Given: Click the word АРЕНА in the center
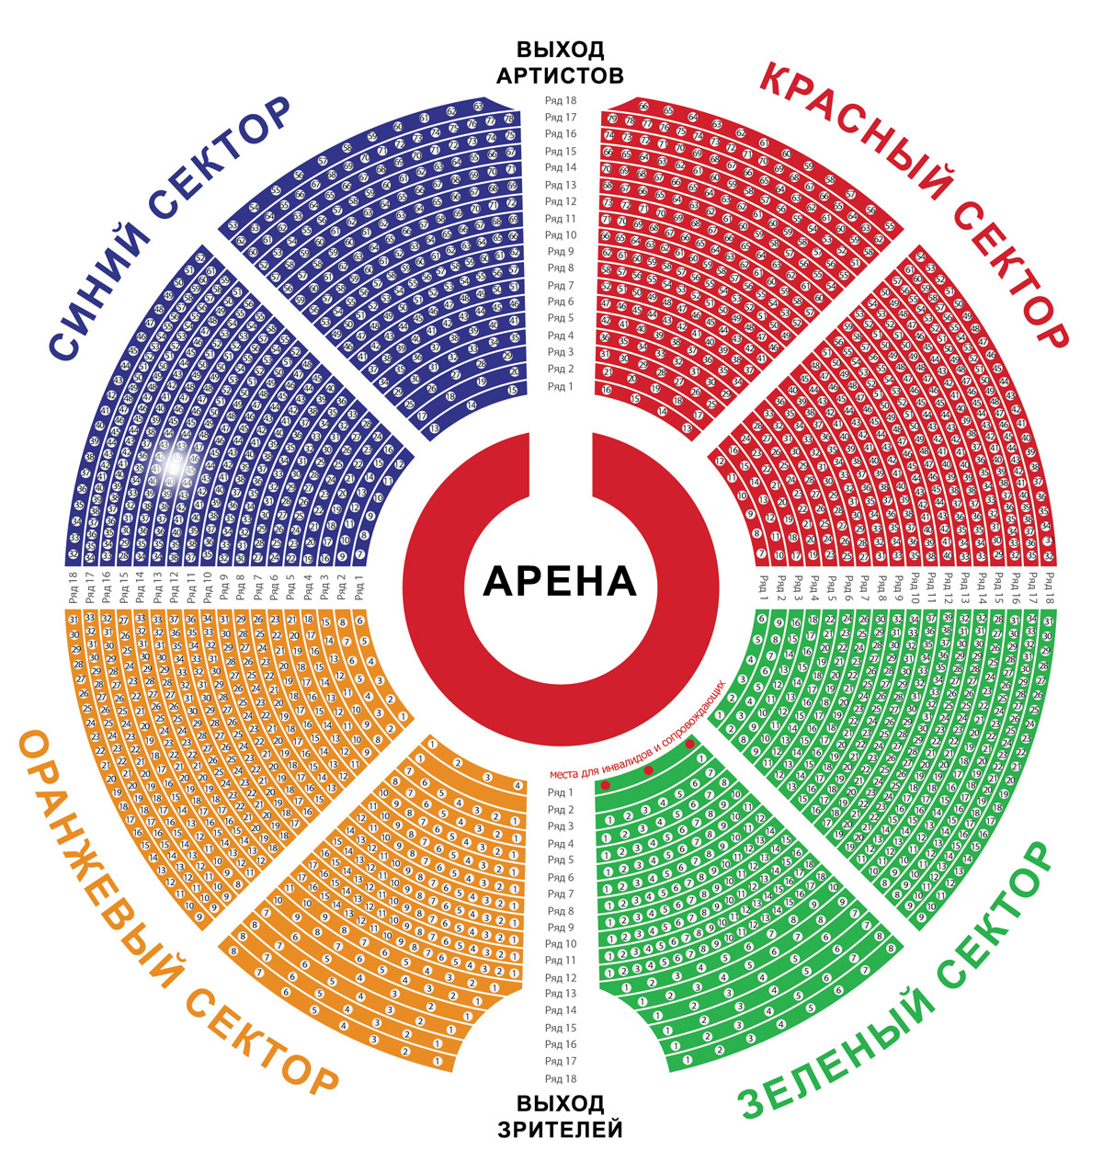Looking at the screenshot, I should (559, 580).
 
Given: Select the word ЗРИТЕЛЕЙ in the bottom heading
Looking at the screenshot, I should (560, 1128).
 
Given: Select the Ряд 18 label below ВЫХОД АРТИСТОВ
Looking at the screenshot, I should (560, 100).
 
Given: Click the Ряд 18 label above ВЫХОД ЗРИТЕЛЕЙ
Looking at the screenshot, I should (560, 1078).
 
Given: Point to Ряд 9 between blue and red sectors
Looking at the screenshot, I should (560, 251).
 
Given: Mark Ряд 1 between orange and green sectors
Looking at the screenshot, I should (560, 792).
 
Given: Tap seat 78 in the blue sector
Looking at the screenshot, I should (508, 120).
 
